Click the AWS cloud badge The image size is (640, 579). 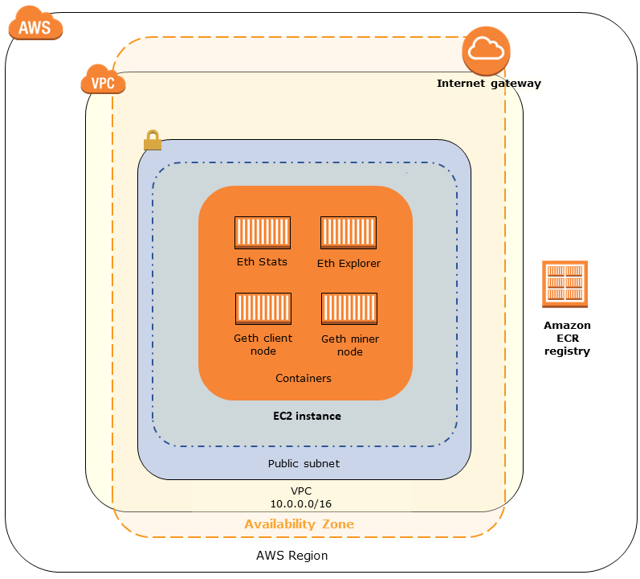[35, 26]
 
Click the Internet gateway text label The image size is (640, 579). [488, 84]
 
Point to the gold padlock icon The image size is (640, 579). [152, 142]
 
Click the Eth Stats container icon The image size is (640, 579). [263, 233]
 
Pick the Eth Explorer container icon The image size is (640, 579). [349, 233]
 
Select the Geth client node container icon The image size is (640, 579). [263, 310]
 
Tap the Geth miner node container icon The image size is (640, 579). [349, 310]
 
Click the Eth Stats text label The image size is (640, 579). [262, 262]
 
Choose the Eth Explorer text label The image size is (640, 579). [349, 263]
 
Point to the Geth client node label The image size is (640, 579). [263, 345]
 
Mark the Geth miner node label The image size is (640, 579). [350, 346]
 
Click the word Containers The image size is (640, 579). [304, 378]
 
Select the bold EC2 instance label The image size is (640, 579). [307, 417]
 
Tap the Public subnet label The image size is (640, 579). [304, 464]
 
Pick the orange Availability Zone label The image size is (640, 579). [299, 524]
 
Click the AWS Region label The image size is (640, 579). [291, 556]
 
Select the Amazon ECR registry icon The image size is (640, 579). [565, 284]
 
